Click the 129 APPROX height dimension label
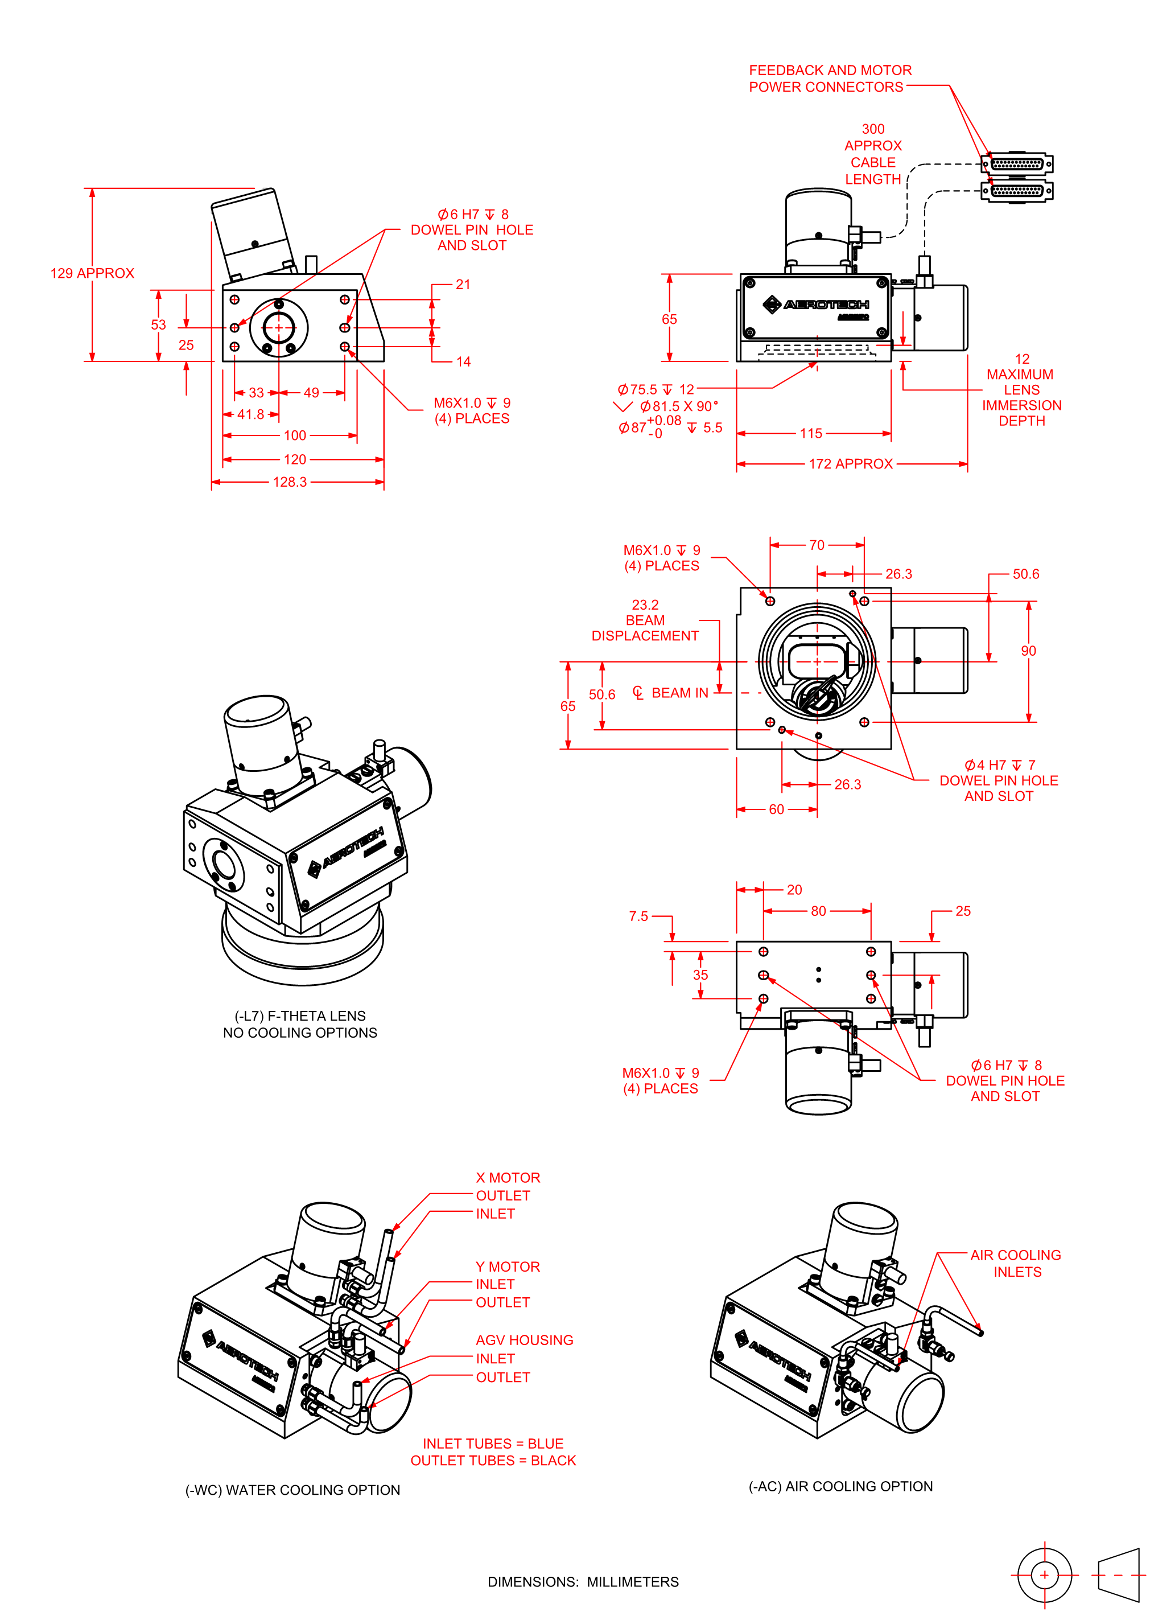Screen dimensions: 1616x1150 click(92, 273)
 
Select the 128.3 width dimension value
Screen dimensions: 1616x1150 click(290, 482)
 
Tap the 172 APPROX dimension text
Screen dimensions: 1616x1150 click(851, 464)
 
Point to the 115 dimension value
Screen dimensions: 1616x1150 click(811, 433)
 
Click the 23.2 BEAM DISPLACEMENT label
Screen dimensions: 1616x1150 click(645, 620)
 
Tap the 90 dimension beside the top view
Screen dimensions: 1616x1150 click(1028, 651)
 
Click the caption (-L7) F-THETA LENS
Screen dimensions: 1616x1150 click(300, 1015)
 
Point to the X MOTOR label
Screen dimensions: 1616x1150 click(508, 1178)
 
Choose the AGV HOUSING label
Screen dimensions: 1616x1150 click(524, 1340)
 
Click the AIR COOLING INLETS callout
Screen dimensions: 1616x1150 click(1016, 1263)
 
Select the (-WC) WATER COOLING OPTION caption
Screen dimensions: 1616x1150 click(292, 1490)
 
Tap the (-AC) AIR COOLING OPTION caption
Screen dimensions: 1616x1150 click(840, 1486)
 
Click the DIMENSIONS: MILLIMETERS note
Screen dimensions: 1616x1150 click(583, 1582)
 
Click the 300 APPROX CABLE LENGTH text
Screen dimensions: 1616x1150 click(872, 154)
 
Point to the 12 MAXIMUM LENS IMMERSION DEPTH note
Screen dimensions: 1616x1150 click(1021, 389)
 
